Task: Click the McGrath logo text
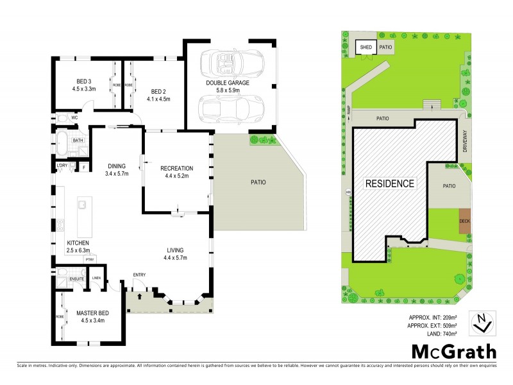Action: pos(453,351)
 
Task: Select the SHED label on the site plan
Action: pos(366,47)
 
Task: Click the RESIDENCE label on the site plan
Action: pos(389,183)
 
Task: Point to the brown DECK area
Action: pos(465,221)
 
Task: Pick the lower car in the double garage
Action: pos(231,110)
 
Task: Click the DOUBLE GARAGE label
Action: pos(227,83)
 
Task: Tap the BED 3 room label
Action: pos(83,81)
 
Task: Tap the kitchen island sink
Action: pos(83,205)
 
